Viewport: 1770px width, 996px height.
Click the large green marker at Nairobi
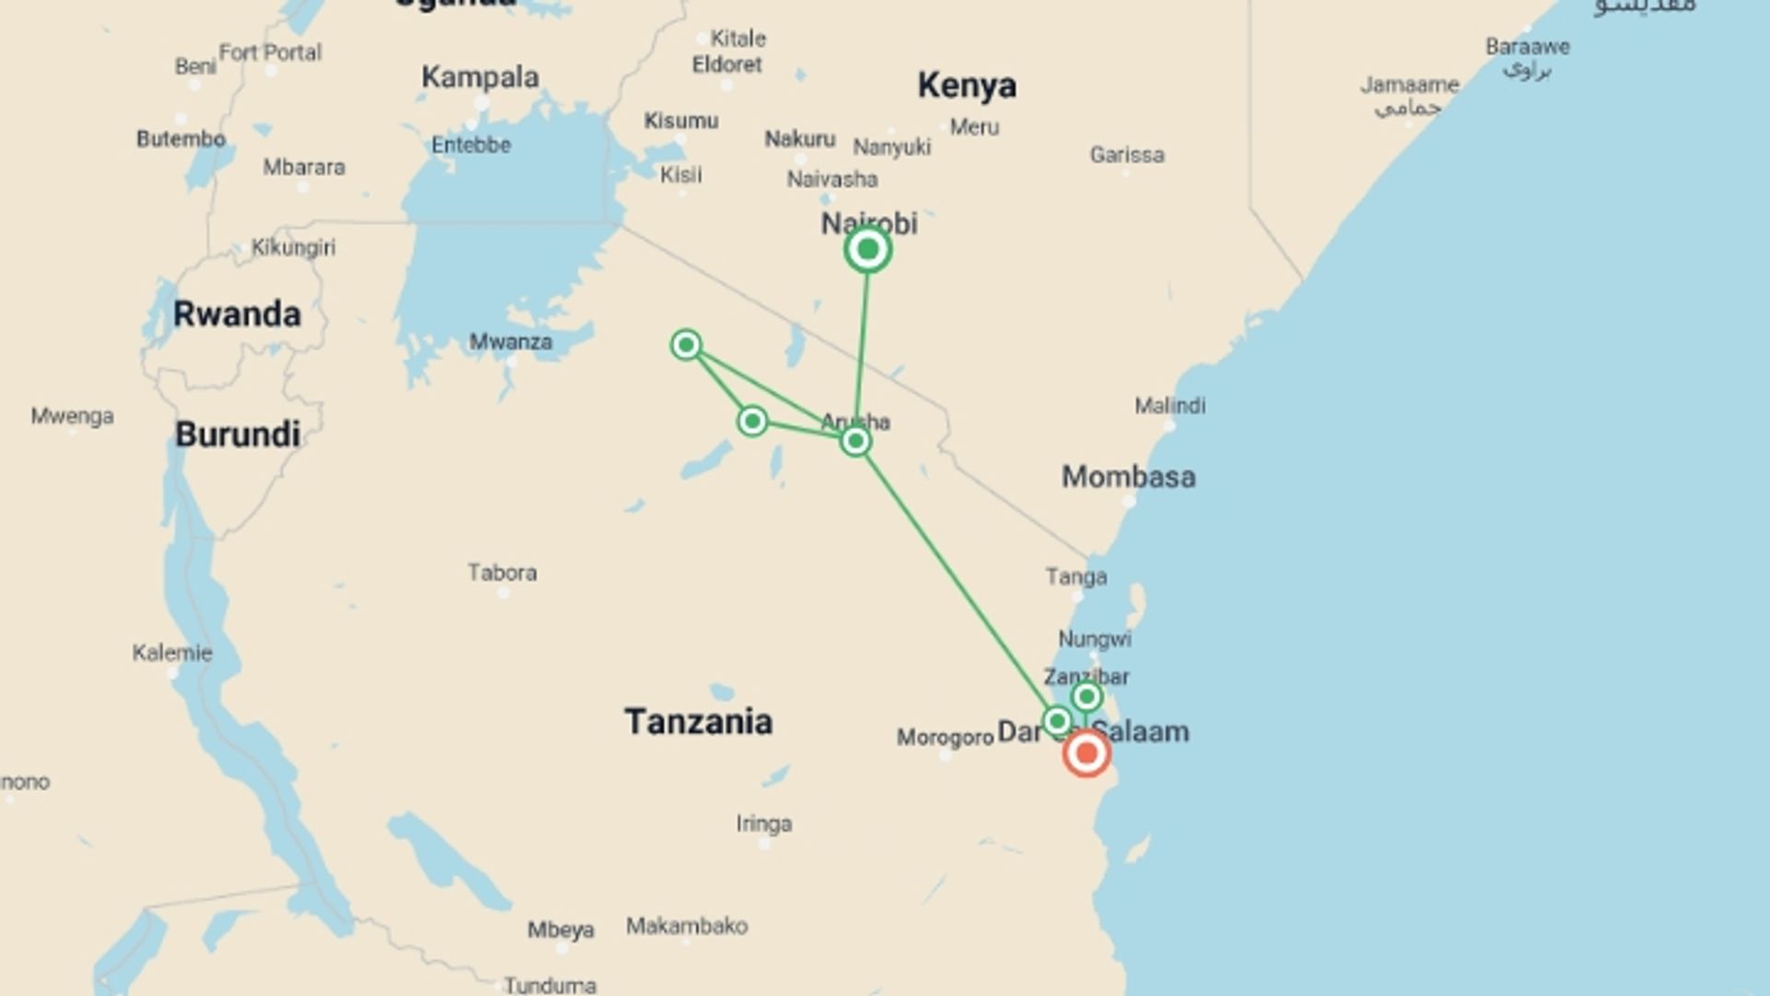tap(867, 250)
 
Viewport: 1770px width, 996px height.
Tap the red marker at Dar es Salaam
tap(1086, 753)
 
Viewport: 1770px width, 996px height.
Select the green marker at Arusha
tap(855, 442)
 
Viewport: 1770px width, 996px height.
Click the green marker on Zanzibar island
tap(1087, 696)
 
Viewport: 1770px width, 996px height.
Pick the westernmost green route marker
tap(686, 345)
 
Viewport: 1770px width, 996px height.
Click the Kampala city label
tap(479, 77)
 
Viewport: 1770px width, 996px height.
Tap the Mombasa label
tap(1128, 477)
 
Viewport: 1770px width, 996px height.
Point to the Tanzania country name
tap(698, 721)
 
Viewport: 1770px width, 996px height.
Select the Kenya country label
tap(966, 86)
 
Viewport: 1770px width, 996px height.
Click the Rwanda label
tap(237, 314)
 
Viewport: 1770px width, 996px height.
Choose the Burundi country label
tap(238, 434)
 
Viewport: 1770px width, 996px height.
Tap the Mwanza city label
tap(511, 342)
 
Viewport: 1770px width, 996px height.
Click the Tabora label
tap(502, 573)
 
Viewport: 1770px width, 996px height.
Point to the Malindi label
tap(1170, 406)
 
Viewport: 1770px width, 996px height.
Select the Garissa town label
tap(1127, 155)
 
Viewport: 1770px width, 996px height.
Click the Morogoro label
tap(945, 738)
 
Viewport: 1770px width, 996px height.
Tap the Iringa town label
tap(764, 824)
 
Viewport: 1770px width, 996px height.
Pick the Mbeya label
tap(560, 930)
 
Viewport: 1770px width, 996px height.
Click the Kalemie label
tap(172, 653)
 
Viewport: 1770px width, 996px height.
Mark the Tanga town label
tap(1076, 577)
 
